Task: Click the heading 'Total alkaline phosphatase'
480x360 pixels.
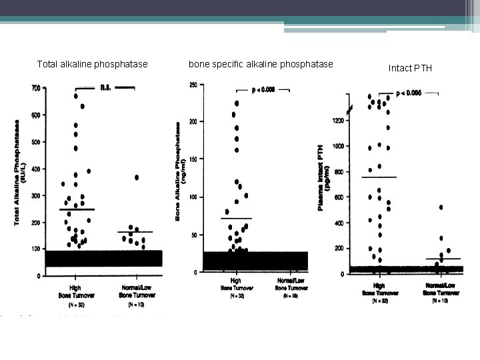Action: pos(92,65)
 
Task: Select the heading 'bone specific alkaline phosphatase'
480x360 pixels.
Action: pos(261,65)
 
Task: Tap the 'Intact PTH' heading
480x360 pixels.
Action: pos(410,68)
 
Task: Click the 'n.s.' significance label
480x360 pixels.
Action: pos(105,86)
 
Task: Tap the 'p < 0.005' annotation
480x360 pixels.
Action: pos(407,93)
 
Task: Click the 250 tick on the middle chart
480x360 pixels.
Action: pos(192,85)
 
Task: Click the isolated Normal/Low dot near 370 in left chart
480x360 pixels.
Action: pos(136,177)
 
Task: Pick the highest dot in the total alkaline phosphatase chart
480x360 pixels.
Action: pos(77,96)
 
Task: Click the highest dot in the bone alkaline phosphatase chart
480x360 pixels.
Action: pos(237,103)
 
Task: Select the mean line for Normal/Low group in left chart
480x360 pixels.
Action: pos(135,232)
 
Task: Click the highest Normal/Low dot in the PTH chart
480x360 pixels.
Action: pos(441,207)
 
